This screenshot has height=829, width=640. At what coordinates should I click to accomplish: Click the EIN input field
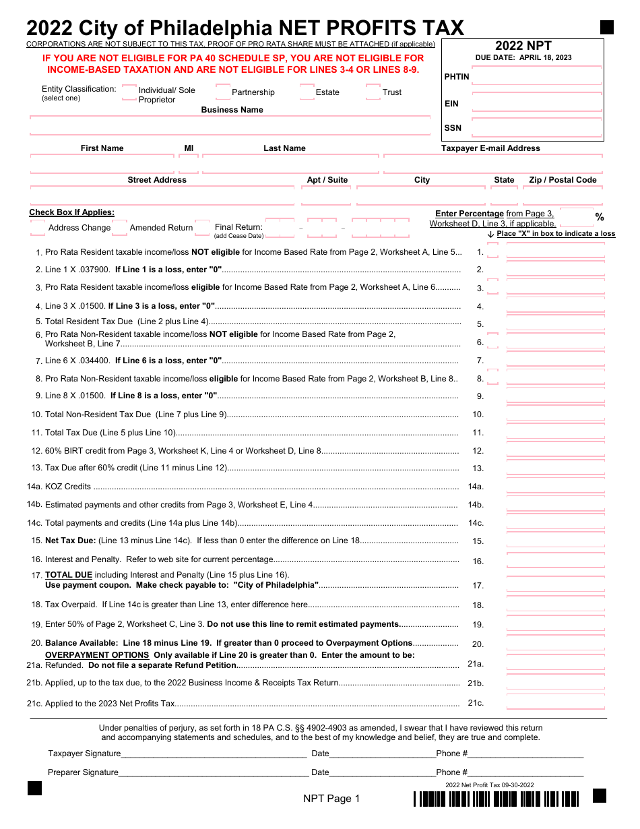pos(536,103)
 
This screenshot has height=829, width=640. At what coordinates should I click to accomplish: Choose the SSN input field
pos(536,128)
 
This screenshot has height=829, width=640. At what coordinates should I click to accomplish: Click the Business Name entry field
pos(230,125)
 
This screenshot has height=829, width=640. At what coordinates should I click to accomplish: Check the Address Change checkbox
pos(38,228)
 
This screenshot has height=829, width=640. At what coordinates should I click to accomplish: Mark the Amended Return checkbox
pos(120,228)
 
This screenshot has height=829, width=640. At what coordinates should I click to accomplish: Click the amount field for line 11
pos(555,433)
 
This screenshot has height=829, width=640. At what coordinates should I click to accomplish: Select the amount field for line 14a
pos(555,487)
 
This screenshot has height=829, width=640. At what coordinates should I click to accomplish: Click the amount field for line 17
pos(555,586)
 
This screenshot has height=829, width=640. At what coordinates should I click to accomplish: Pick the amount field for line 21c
pos(555,703)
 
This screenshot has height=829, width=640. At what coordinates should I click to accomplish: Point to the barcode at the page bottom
pos(496,799)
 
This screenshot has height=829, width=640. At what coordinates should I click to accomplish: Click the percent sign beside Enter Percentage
pos(600,217)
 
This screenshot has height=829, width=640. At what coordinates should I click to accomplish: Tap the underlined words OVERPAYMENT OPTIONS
pos(97,655)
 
